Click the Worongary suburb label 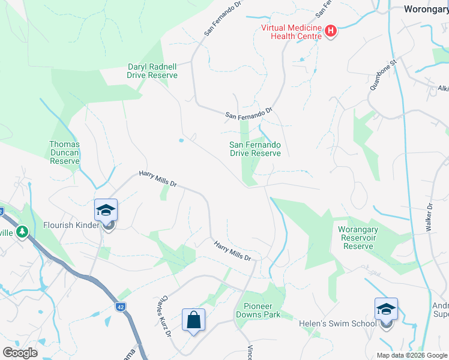(x=426, y=9)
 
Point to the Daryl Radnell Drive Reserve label (x=152, y=71)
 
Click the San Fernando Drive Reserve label (x=255, y=149)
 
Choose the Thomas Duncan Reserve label (x=64, y=152)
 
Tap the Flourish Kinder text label (x=71, y=226)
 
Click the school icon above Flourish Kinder (x=106, y=210)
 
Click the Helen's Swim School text (x=338, y=323)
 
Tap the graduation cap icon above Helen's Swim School (x=386, y=309)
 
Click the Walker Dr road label (x=429, y=217)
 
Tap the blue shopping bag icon (x=194, y=320)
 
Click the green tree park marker (x=22, y=231)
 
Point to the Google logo (x=20, y=352)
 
